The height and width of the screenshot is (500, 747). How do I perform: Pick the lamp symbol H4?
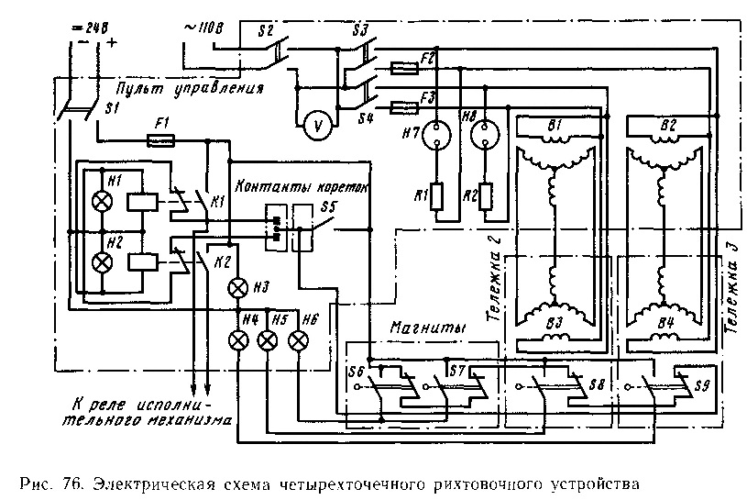(x=237, y=340)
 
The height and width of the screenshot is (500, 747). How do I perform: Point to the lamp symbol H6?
(x=298, y=340)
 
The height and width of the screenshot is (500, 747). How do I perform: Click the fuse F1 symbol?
(x=161, y=141)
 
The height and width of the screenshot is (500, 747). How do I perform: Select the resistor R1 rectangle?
(x=438, y=195)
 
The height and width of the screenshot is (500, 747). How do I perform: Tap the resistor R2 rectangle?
(x=486, y=195)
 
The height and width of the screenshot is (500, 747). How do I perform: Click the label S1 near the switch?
(x=112, y=110)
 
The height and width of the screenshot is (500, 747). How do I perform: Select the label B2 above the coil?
(x=667, y=125)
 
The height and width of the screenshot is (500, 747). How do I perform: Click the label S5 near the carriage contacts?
(x=328, y=206)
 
